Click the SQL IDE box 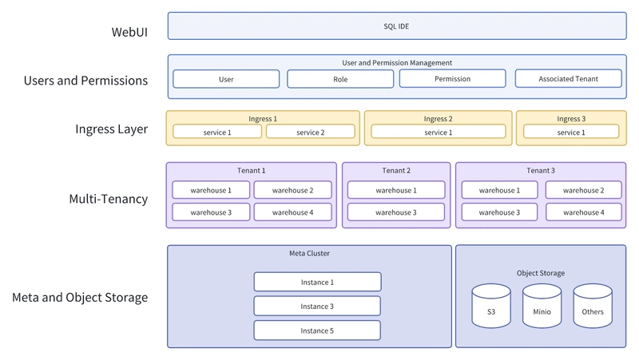[x=397, y=26]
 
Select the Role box [x=340, y=79]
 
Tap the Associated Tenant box [x=569, y=78]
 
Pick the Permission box [x=452, y=78]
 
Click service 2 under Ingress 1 [x=311, y=132]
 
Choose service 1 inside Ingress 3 [x=571, y=132]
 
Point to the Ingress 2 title [x=438, y=118]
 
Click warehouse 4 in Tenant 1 [x=292, y=212]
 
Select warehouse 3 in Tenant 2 [x=396, y=212]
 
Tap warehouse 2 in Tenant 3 [x=584, y=190]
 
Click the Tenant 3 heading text [x=541, y=170]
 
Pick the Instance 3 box [x=317, y=307]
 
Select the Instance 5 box [x=317, y=330]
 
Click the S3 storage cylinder [x=491, y=307]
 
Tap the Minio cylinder [x=542, y=307]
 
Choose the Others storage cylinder [x=593, y=307]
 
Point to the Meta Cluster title [x=309, y=253]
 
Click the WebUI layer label [x=129, y=32]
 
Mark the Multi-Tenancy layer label [x=109, y=199]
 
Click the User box [x=226, y=79]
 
